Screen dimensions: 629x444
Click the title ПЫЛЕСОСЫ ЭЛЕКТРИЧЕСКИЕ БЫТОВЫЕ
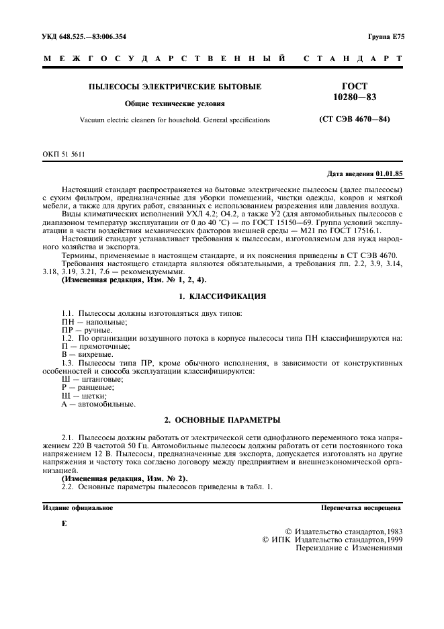pyautogui.click(x=175, y=87)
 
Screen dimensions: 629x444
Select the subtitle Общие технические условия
pyautogui.click(x=175, y=103)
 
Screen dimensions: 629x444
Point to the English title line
pyautogui.click(x=175, y=120)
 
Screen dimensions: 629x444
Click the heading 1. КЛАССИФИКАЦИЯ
pyautogui.click(x=222, y=296)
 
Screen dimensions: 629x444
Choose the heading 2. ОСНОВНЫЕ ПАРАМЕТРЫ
pyautogui.click(x=222, y=420)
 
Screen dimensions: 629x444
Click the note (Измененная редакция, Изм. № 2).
pyautogui.click(x=124, y=478)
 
